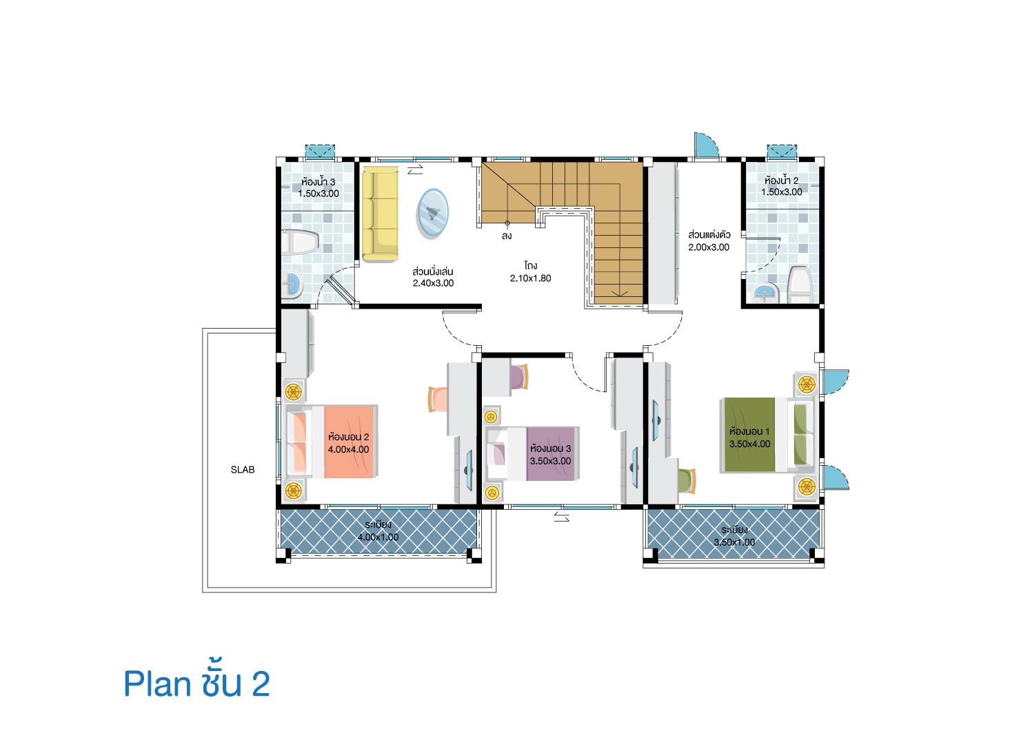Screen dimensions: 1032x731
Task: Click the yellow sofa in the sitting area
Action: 380,214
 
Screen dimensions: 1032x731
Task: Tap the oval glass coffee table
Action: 432,214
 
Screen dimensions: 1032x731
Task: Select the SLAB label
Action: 243,469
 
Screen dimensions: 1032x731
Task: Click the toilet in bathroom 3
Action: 300,243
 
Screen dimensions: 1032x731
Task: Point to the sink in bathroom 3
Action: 292,285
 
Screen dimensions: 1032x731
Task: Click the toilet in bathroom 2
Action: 800,285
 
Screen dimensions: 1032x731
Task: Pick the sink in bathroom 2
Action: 765,294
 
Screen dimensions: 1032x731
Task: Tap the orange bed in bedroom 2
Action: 332,442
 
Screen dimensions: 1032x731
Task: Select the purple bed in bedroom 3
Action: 533,454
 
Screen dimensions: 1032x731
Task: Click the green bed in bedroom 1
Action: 767,435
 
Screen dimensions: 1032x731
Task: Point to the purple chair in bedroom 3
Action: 519,377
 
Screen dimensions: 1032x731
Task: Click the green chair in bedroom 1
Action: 687,481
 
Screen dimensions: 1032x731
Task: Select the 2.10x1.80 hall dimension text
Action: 530,278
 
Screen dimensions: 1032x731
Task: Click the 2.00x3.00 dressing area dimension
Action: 709,247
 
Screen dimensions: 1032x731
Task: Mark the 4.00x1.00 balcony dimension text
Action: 378,537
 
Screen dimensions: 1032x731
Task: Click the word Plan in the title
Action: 157,684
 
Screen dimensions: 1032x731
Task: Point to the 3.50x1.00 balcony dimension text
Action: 734,542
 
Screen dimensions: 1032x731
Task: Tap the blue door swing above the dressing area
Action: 706,145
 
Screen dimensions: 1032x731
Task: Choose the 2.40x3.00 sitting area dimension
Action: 433,283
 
